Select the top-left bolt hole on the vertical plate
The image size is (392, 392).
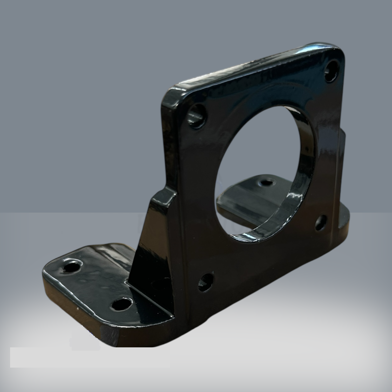pos(198,116)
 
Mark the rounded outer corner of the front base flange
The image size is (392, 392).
pos(49,273)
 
